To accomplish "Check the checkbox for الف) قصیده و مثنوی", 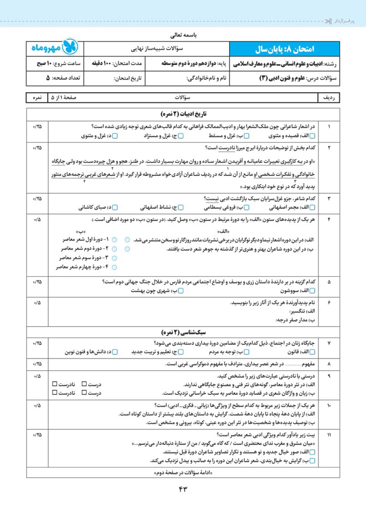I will (318, 136).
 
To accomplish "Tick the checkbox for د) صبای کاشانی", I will (115, 208).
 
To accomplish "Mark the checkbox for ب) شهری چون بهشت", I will (180, 290).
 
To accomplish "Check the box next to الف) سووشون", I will (318, 290).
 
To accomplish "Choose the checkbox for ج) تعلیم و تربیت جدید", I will (180, 352).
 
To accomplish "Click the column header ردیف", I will (329, 98).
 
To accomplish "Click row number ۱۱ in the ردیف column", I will (329, 435).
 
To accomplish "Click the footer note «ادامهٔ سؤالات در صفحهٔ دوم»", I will (184, 473).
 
